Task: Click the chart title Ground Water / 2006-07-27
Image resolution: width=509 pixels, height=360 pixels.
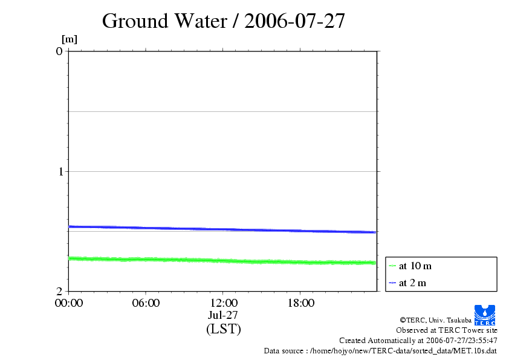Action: tap(223, 21)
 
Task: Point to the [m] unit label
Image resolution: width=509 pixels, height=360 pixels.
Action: tap(70, 40)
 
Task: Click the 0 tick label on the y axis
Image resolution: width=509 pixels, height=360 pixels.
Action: tap(59, 51)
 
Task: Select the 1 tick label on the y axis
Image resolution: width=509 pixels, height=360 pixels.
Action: tap(59, 171)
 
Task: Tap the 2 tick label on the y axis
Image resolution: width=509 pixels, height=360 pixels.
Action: tap(59, 291)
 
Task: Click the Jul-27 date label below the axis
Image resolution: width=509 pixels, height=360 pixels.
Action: tap(223, 315)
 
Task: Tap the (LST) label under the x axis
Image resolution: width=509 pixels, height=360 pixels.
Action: tap(223, 329)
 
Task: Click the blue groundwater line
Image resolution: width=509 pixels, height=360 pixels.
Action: tap(223, 229)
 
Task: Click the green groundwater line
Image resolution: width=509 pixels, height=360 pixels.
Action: tap(223, 261)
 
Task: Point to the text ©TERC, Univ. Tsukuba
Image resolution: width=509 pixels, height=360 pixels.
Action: tap(435, 319)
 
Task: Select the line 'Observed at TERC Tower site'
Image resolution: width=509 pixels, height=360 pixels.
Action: tap(446, 330)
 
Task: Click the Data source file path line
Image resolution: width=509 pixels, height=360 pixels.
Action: tap(380, 351)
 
